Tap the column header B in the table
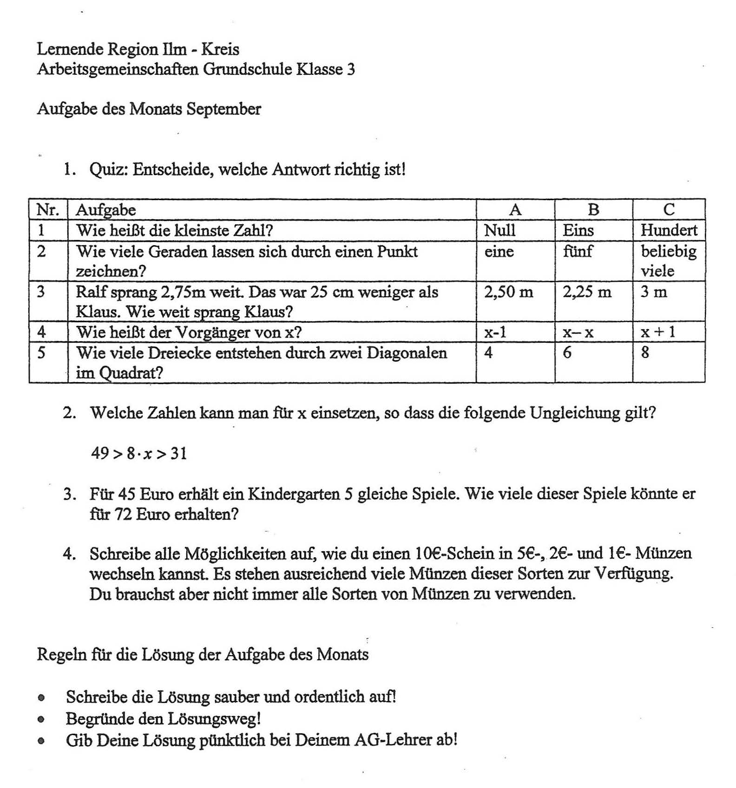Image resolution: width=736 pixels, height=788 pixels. (x=593, y=210)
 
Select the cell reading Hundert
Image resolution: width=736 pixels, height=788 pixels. (x=669, y=230)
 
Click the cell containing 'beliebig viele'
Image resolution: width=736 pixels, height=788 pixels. (x=668, y=260)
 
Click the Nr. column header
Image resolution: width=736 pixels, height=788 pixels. (x=48, y=210)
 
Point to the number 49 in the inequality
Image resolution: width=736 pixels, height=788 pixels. (x=100, y=453)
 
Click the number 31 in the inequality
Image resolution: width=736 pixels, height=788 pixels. (x=178, y=453)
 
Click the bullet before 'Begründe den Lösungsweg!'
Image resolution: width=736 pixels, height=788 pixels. (x=42, y=719)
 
